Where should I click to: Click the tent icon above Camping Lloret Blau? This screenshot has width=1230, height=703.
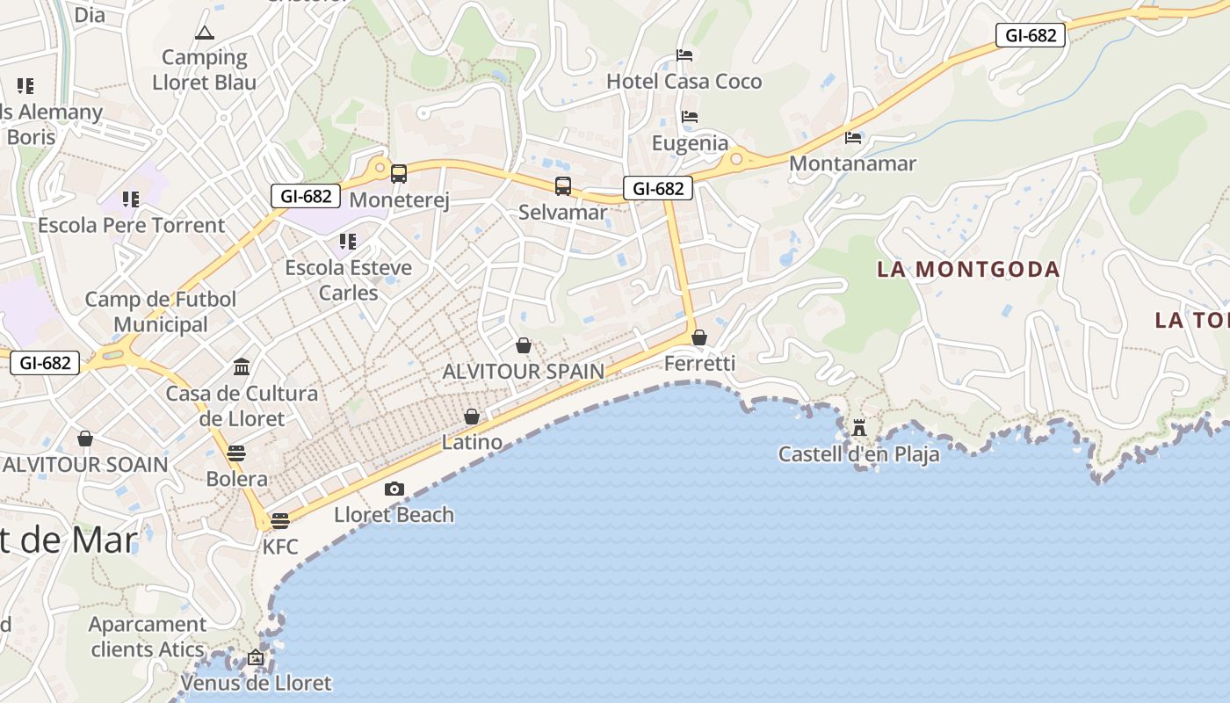point(205,33)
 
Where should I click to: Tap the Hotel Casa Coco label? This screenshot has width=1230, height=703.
point(684,82)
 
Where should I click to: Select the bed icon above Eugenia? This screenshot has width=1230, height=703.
point(690,117)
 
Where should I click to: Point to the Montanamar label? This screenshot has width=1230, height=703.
point(852,163)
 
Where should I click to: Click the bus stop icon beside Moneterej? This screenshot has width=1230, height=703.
point(399,173)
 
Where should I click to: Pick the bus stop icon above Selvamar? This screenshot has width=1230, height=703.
point(563,186)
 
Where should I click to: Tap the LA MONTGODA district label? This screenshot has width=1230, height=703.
point(968,270)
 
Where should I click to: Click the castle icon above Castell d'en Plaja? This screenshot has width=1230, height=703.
point(859,429)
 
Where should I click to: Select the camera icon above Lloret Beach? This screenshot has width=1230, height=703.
point(394,489)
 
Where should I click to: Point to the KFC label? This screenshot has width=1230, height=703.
point(280,547)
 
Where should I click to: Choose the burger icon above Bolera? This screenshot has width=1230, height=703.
point(236,453)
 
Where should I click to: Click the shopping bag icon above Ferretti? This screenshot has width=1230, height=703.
point(699,337)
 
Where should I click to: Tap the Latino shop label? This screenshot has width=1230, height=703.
point(472,442)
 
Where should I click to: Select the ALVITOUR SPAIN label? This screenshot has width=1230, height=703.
point(524,372)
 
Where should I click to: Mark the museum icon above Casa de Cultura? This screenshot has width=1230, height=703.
point(242,366)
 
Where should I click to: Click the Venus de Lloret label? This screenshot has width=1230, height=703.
point(256,683)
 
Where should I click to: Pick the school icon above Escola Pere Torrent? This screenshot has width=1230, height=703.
point(131,199)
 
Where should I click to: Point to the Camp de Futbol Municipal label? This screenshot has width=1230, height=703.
point(161,312)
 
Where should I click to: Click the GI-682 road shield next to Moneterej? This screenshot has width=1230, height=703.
point(306,196)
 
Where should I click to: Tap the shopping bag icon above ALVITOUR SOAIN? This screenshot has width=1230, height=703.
point(85,438)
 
